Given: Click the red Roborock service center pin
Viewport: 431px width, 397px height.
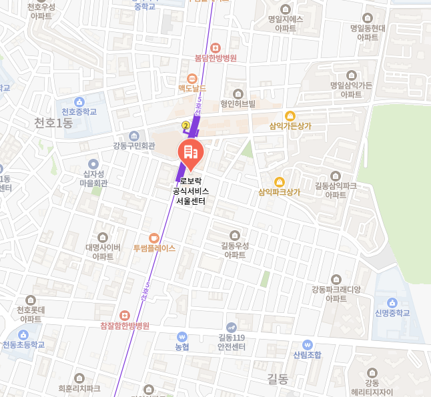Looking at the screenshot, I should (190, 153).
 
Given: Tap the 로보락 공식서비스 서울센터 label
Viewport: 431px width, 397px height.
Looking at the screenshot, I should (190, 191).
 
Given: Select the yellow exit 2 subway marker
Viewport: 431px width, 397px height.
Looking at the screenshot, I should (185, 124).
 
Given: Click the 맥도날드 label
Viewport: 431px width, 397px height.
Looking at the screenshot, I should (192, 88).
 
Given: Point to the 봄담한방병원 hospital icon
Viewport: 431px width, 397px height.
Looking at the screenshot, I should (215, 47).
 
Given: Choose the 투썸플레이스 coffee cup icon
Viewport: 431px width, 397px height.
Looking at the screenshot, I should (153, 237).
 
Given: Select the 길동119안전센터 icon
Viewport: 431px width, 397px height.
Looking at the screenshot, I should (232, 327).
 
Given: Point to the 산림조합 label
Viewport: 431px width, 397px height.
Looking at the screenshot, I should (307, 354).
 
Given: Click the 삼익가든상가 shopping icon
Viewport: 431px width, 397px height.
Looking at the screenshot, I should (290, 115).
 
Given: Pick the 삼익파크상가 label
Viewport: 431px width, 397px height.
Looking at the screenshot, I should (280, 192).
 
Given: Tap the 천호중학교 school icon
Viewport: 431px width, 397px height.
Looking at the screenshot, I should (79, 101).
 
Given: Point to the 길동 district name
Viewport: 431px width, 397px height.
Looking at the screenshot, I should (277, 380).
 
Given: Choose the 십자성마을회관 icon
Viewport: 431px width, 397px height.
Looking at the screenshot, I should (93, 163).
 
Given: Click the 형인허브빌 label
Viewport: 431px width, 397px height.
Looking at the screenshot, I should (238, 104).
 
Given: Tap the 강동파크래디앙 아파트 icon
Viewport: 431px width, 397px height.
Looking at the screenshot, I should (336, 279).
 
